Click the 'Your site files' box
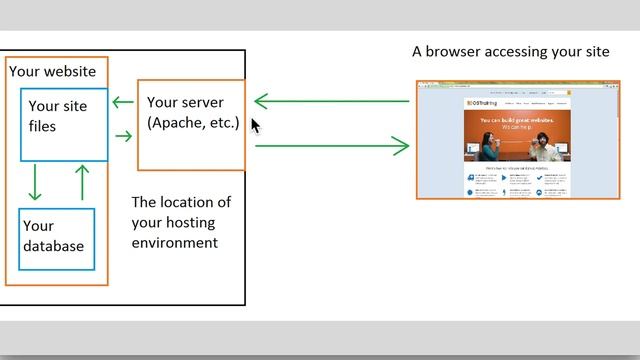pyautogui.click(x=64, y=124)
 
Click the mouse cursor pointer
pyautogui.click(x=255, y=125)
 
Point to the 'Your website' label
pyautogui.click(x=52, y=71)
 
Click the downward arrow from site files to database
pyautogui.click(x=36, y=181)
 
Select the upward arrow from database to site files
pyautogui.click(x=82, y=181)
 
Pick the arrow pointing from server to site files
pyautogui.click(x=123, y=102)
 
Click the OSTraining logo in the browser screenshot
pyautogui.click(x=483, y=103)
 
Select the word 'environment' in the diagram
pyautogui.click(x=175, y=243)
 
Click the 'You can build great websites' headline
pyautogui.click(x=516, y=121)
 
